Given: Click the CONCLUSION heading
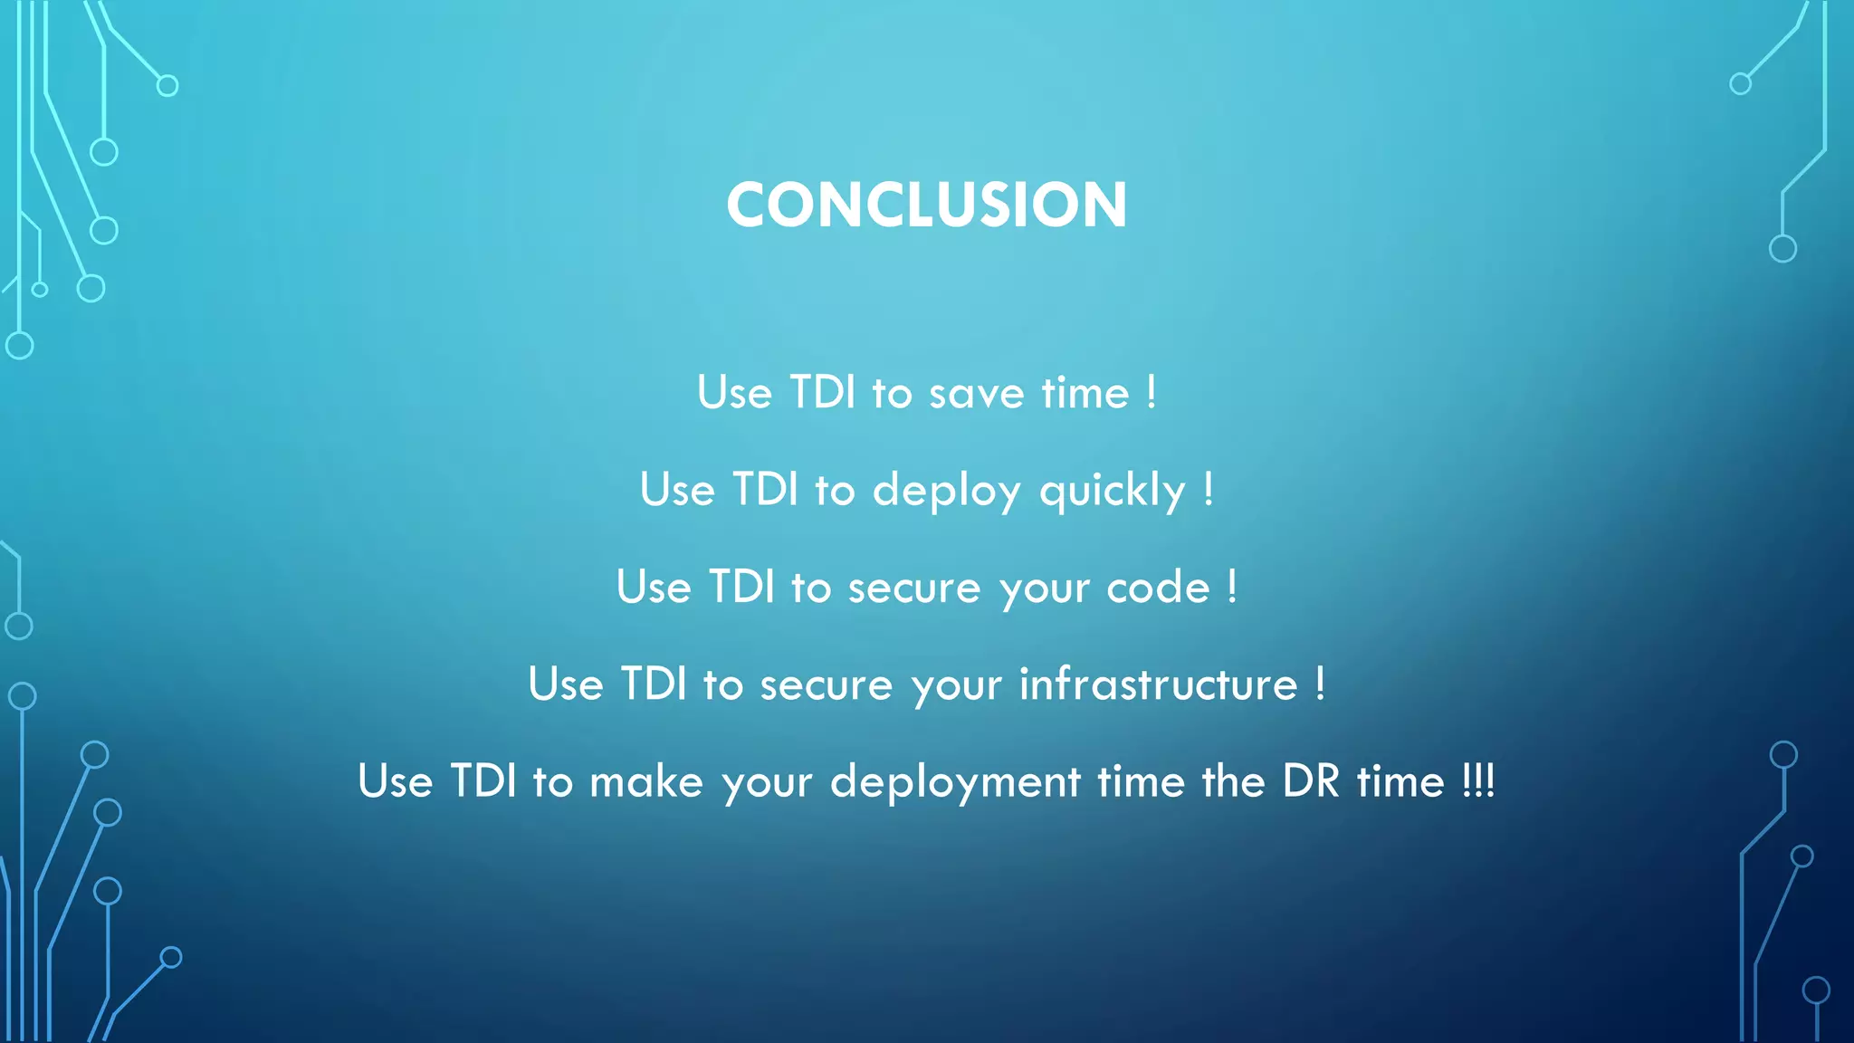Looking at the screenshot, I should coord(926,205).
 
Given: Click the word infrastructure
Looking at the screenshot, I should coord(1159,684).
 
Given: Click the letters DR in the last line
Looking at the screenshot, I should coord(1310,780).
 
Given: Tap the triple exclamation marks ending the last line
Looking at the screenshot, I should coord(1478,780).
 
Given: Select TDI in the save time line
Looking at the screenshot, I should coord(822,393).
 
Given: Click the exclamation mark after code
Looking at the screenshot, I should coord(1232,587).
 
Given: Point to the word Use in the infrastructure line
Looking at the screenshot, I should coord(566,684).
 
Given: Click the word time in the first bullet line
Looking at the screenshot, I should coord(1085,393).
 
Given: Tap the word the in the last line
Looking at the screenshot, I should coord(1233,780).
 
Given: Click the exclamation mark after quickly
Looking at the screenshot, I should coord(1209,490).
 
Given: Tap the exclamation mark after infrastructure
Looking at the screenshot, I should coord(1321,684).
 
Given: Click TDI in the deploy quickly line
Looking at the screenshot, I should coord(765,490).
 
